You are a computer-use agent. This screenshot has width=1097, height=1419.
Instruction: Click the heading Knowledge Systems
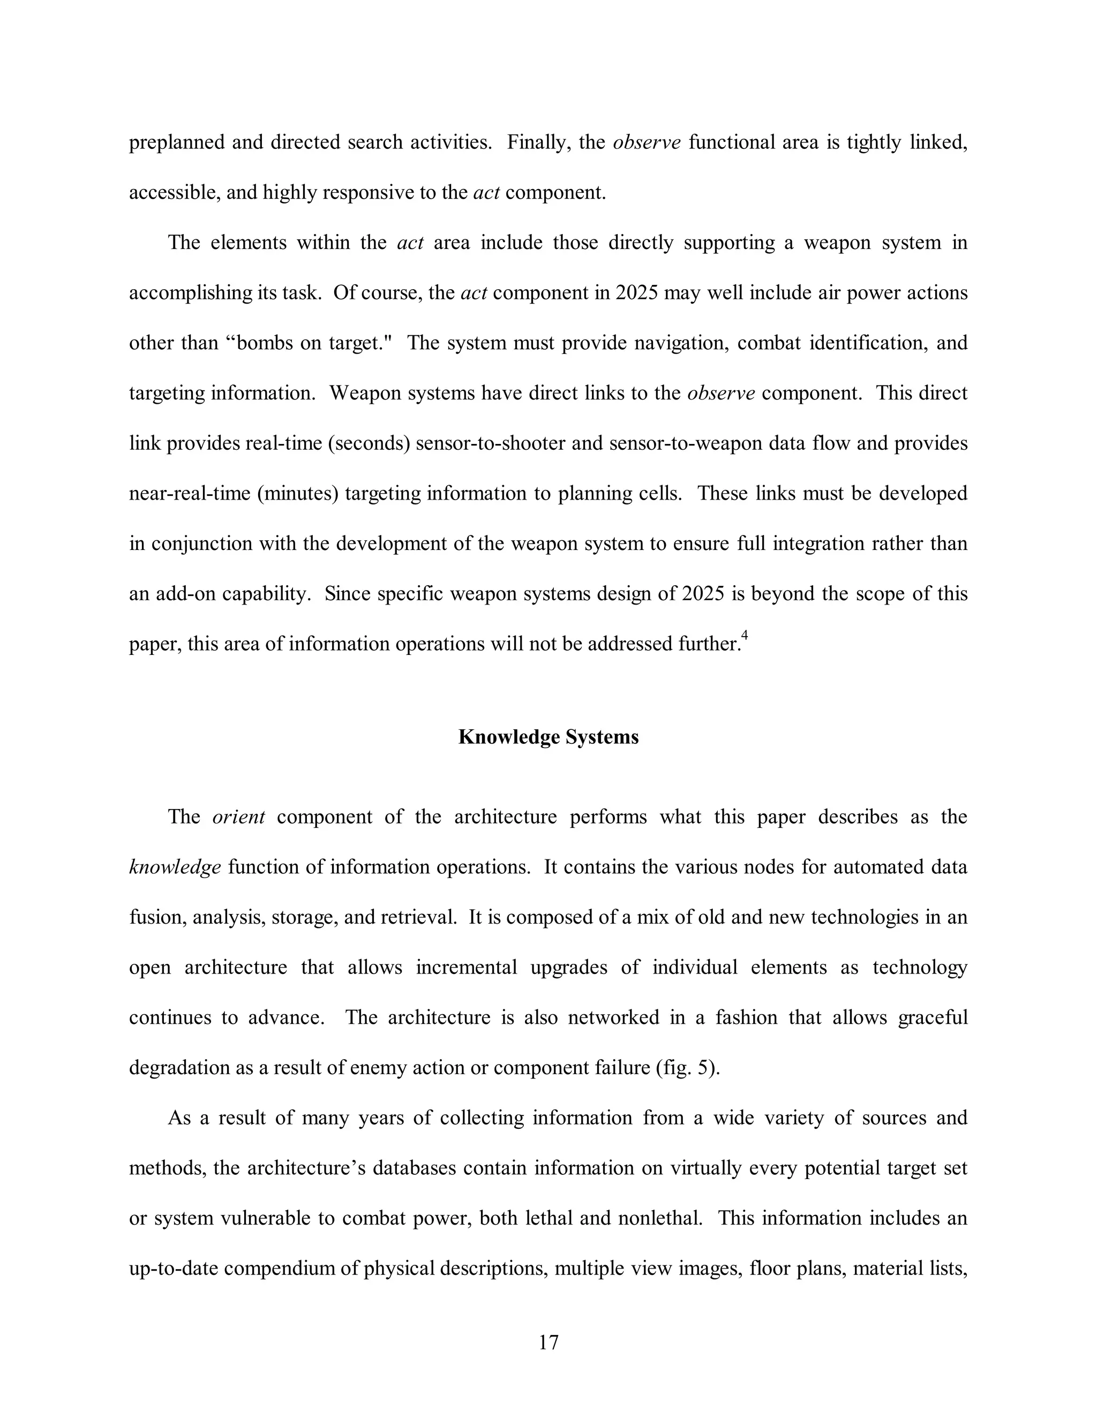click(548, 737)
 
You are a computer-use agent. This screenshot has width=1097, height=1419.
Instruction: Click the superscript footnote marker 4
click(745, 636)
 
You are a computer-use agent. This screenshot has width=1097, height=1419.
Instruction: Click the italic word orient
click(238, 817)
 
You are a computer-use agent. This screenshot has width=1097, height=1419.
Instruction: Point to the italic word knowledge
click(175, 867)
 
